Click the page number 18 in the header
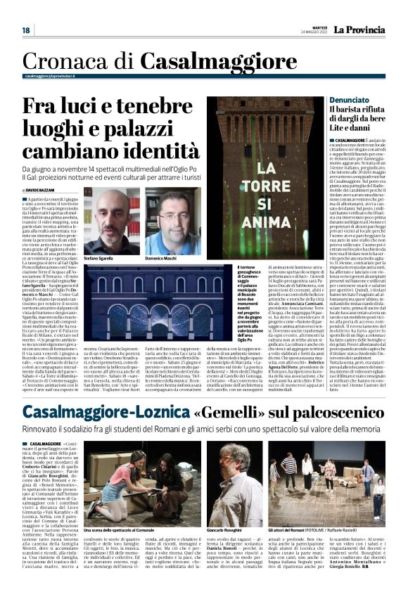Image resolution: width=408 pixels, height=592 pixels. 26,30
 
